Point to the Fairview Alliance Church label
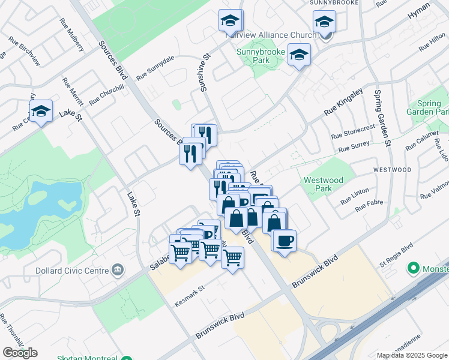click(271, 35)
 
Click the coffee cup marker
click(285, 240)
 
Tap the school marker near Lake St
click(41, 111)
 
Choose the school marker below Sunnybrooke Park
click(298, 55)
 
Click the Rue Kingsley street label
click(344, 103)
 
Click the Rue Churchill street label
click(106, 94)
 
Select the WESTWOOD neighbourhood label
click(392, 170)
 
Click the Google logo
click(20, 352)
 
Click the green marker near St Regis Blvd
click(413, 267)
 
